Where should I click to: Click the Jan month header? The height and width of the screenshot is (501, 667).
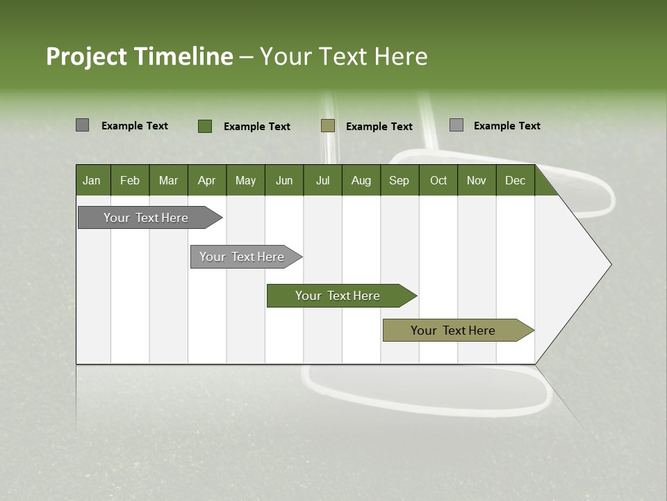point(92,180)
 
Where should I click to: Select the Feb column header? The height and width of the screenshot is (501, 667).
point(130,180)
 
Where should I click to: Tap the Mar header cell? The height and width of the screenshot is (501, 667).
point(168,180)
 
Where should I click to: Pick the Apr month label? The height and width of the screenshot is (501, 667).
point(207,180)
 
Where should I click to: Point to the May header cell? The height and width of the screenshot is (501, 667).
point(245,180)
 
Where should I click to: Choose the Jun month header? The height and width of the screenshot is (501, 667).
point(284,180)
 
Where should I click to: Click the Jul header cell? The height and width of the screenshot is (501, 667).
point(322,180)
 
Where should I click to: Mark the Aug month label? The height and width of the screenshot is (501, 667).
point(361,180)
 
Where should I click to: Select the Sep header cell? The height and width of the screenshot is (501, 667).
point(400,180)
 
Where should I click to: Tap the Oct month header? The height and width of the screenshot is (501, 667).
point(438,180)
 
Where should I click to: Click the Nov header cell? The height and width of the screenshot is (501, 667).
point(477,180)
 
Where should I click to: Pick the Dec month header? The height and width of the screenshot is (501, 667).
point(515,180)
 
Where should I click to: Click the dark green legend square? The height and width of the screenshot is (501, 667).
point(204,126)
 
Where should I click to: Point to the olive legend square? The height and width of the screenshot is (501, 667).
point(328,126)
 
